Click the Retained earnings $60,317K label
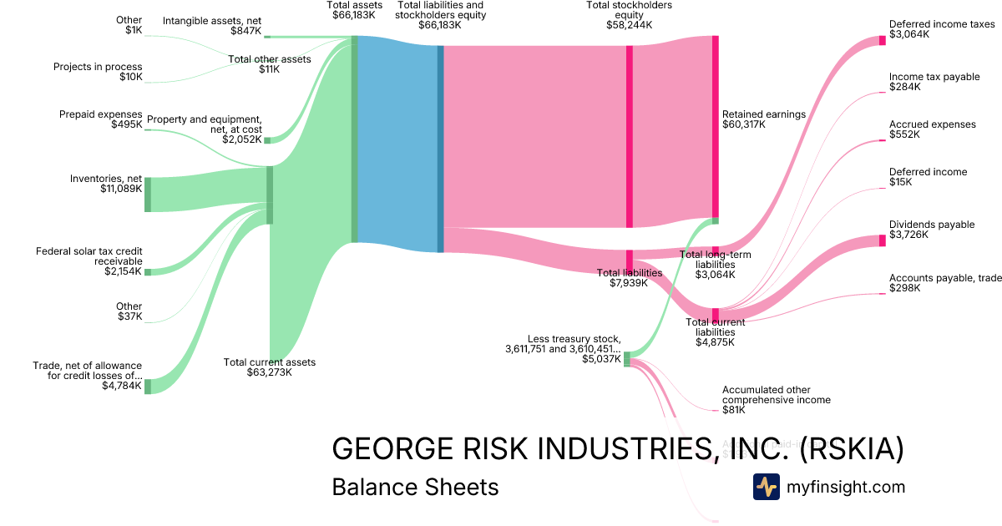(763, 119)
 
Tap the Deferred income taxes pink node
(882, 40)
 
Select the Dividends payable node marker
(882, 240)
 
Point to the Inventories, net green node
(148, 195)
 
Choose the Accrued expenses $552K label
(932, 129)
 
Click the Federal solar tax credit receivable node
(148, 271)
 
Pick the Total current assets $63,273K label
(270, 367)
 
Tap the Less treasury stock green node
(627, 359)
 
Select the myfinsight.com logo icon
(766, 487)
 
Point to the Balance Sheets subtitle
(415, 487)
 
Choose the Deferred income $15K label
(928, 177)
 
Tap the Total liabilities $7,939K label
(630, 278)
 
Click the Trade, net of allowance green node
(148, 386)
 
